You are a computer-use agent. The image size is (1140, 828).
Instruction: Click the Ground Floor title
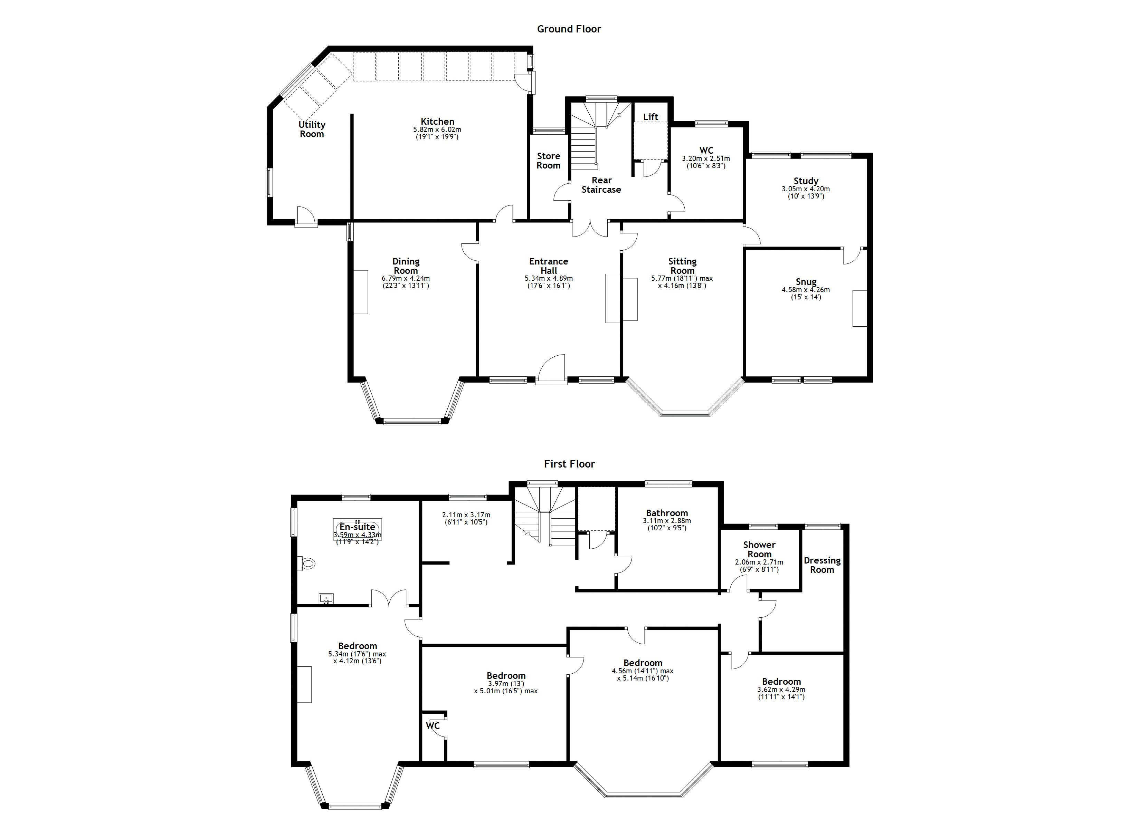[x=569, y=29]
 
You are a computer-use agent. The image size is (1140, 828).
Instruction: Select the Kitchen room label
[x=437, y=121]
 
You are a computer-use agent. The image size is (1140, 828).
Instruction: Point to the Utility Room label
[x=312, y=129]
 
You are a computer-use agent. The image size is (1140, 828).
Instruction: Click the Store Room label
[x=548, y=161]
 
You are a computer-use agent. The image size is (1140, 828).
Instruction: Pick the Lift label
[x=650, y=117]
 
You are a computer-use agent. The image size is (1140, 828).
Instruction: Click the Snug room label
[x=806, y=281]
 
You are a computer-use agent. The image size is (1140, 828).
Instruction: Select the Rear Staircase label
[x=601, y=185]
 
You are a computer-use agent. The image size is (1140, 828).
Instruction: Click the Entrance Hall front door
[x=551, y=369]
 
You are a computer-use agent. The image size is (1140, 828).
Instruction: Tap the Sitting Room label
[x=682, y=266]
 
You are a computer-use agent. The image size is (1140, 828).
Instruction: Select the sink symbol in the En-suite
[x=326, y=598]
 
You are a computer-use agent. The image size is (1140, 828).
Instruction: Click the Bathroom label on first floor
[x=667, y=513]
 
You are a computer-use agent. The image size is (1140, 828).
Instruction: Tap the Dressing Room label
[x=822, y=565]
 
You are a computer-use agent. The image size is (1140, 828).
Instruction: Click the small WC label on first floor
[x=433, y=725]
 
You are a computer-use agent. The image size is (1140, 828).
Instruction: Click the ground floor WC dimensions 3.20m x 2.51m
[x=706, y=162]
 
